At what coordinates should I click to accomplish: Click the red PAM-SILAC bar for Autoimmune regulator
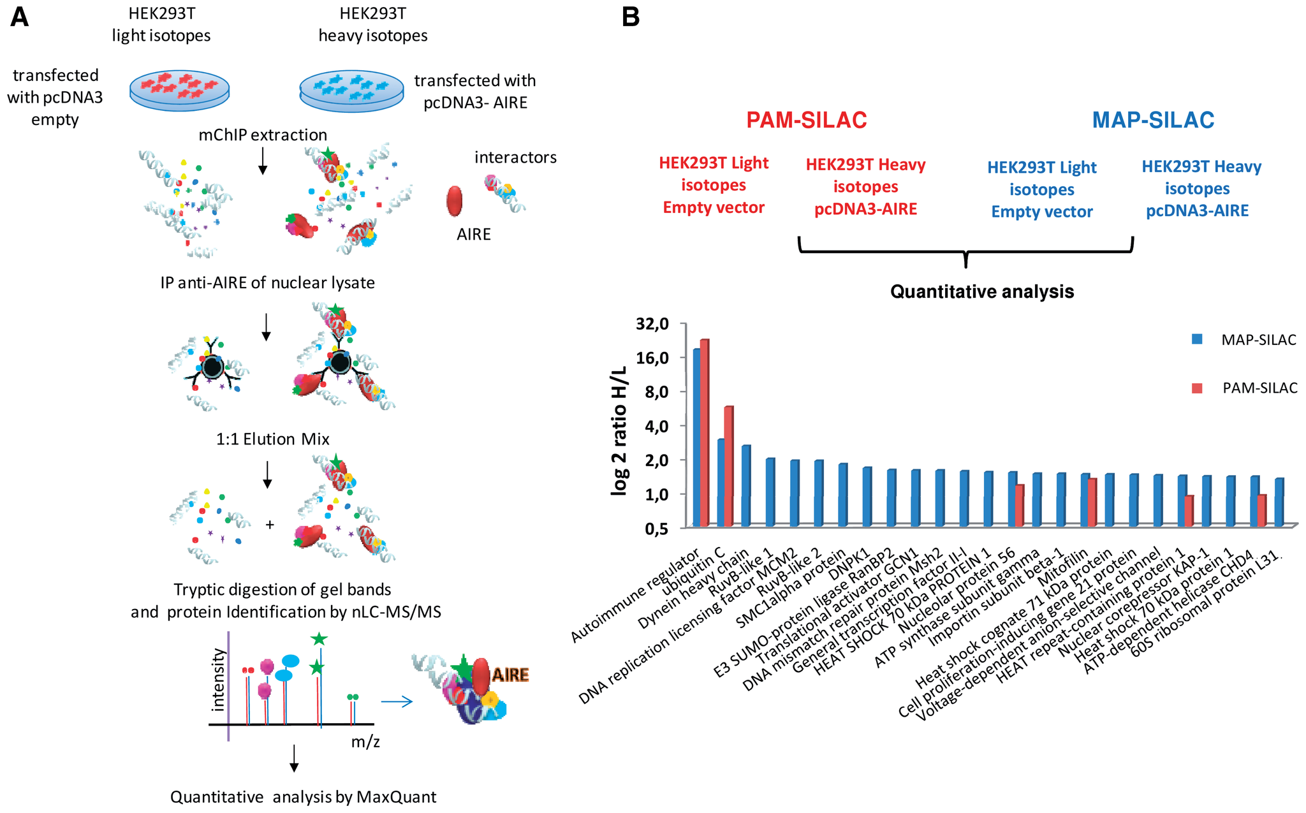pyautogui.click(x=705, y=433)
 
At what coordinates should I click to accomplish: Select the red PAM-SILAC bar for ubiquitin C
pyautogui.click(x=729, y=466)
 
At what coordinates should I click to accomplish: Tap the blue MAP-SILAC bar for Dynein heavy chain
pyautogui.click(x=746, y=486)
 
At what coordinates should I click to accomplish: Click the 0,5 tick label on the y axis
pyautogui.click(x=656, y=529)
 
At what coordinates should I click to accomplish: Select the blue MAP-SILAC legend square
pyautogui.click(x=1197, y=339)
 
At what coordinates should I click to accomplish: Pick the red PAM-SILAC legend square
pyautogui.click(x=1197, y=388)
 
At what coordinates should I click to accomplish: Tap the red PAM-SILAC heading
pyautogui.click(x=806, y=120)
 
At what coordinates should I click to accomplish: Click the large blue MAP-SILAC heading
pyautogui.click(x=1153, y=120)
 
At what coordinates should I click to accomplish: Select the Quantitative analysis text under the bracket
pyautogui.click(x=982, y=292)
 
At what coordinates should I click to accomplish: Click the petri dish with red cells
pyautogui.click(x=179, y=90)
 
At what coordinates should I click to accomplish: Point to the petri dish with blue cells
pyautogui.click(x=351, y=90)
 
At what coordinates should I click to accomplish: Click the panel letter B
pyautogui.click(x=630, y=17)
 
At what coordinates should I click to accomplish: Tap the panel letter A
pyautogui.click(x=20, y=17)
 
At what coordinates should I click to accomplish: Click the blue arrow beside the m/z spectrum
pyautogui.click(x=397, y=702)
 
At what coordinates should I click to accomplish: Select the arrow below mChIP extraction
pyautogui.click(x=262, y=160)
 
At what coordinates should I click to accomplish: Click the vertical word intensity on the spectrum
pyautogui.click(x=219, y=680)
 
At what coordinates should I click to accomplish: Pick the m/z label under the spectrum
pyautogui.click(x=365, y=742)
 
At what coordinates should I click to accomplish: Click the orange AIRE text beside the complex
pyautogui.click(x=510, y=675)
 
